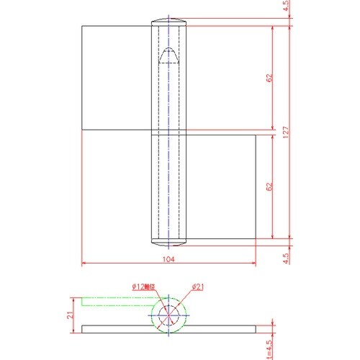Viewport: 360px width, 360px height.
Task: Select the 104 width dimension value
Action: click(168, 258)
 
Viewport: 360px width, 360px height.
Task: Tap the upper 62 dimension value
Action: click(269, 77)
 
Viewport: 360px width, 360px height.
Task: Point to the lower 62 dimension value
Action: click(269, 186)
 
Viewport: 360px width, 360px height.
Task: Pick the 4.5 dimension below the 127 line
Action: click(286, 256)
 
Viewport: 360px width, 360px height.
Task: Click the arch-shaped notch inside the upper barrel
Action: click(168, 56)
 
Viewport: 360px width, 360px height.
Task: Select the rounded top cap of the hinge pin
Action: click(168, 20)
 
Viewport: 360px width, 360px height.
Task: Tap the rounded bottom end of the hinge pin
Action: click(168, 240)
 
